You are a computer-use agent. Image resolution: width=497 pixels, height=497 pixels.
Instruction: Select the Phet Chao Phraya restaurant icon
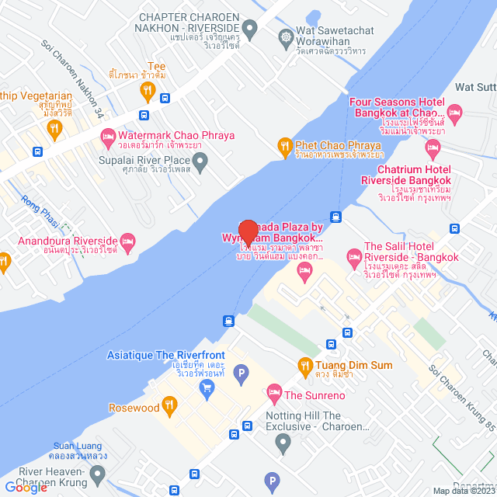tap(285, 145)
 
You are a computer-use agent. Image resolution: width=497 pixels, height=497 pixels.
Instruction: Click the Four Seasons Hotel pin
tap(456, 113)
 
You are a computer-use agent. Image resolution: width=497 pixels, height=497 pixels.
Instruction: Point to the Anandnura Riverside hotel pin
tap(128, 242)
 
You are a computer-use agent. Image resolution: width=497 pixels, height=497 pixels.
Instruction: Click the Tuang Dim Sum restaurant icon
tap(305, 365)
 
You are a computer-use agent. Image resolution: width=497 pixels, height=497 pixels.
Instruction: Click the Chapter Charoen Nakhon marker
tap(249, 32)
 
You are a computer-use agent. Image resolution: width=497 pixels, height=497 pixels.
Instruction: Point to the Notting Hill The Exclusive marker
tap(283, 443)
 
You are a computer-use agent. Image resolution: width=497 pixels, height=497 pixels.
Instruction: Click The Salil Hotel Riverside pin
tap(354, 255)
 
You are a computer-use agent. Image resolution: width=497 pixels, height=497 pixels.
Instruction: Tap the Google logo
tap(26, 487)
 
